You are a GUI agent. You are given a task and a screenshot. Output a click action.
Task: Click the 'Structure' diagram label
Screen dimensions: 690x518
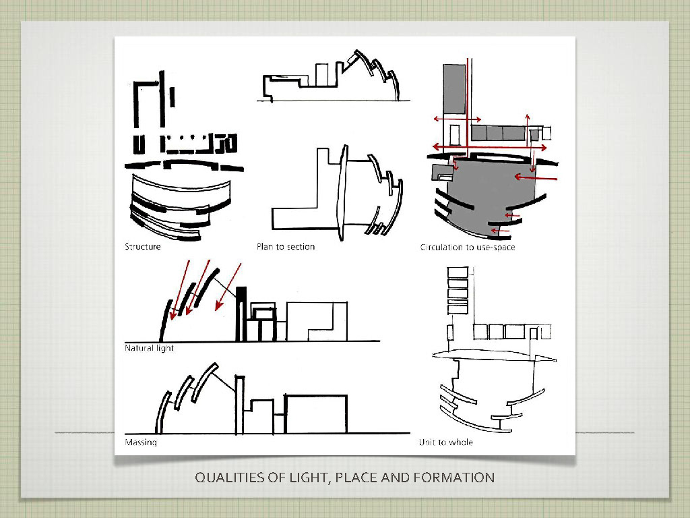click(x=143, y=247)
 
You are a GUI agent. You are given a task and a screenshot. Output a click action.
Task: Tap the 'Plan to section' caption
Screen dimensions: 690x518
click(x=286, y=247)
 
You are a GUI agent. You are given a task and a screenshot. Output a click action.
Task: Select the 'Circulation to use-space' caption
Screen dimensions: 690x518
click(x=468, y=247)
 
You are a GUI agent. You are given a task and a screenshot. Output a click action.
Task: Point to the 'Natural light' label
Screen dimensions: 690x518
click(x=149, y=348)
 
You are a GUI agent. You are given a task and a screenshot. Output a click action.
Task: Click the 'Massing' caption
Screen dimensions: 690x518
click(x=141, y=442)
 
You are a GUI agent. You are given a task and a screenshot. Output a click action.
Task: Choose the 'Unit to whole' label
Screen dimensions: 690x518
click(x=446, y=442)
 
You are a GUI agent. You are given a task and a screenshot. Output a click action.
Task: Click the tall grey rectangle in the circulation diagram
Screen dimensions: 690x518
click(x=454, y=90)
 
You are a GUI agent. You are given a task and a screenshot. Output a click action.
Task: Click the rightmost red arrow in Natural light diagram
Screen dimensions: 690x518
click(x=228, y=287)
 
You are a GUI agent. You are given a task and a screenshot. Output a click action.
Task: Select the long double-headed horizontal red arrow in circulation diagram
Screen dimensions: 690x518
click(x=489, y=147)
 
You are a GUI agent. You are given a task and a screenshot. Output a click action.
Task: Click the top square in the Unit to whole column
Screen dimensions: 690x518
click(x=458, y=272)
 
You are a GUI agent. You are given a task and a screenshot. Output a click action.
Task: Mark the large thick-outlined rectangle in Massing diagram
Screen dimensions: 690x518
click(x=316, y=414)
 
